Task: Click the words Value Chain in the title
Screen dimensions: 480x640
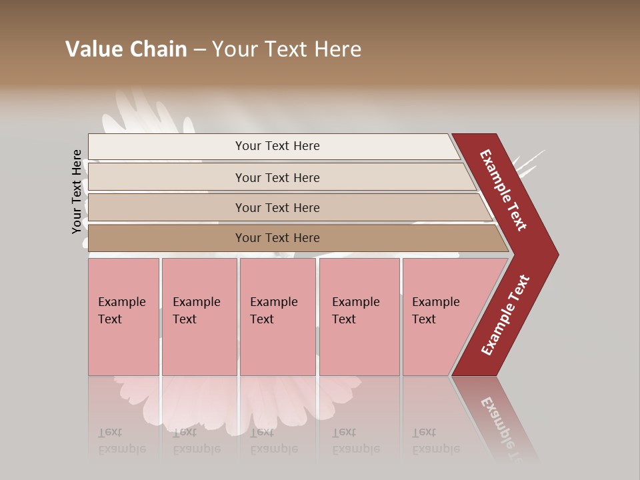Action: pyautogui.click(x=126, y=49)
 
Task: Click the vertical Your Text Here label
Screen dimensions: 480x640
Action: pyautogui.click(x=77, y=191)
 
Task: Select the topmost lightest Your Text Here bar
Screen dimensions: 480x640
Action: pyautogui.click(x=277, y=146)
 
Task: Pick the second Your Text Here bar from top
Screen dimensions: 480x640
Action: pyautogui.click(x=277, y=177)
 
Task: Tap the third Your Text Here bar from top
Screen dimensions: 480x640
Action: pyautogui.click(x=277, y=207)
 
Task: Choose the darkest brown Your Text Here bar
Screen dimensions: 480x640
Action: pyautogui.click(x=277, y=238)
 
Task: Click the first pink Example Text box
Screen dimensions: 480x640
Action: pyautogui.click(x=123, y=317)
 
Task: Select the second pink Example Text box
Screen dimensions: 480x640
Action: pyautogui.click(x=199, y=317)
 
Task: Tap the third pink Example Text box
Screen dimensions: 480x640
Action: pyautogui.click(x=277, y=317)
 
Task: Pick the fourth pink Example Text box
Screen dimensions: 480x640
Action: pyautogui.click(x=359, y=317)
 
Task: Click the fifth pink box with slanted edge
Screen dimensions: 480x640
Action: pyautogui.click(x=440, y=317)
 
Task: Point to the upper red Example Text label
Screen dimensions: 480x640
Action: pyautogui.click(x=503, y=190)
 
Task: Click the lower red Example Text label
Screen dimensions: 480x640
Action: pyautogui.click(x=505, y=315)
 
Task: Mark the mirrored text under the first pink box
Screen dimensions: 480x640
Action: pyautogui.click(x=122, y=441)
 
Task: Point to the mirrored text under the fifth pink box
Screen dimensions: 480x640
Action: pyautogui.click(x=435, y=441)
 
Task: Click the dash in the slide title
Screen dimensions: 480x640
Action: pyautogui.click(x=199, y=50)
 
